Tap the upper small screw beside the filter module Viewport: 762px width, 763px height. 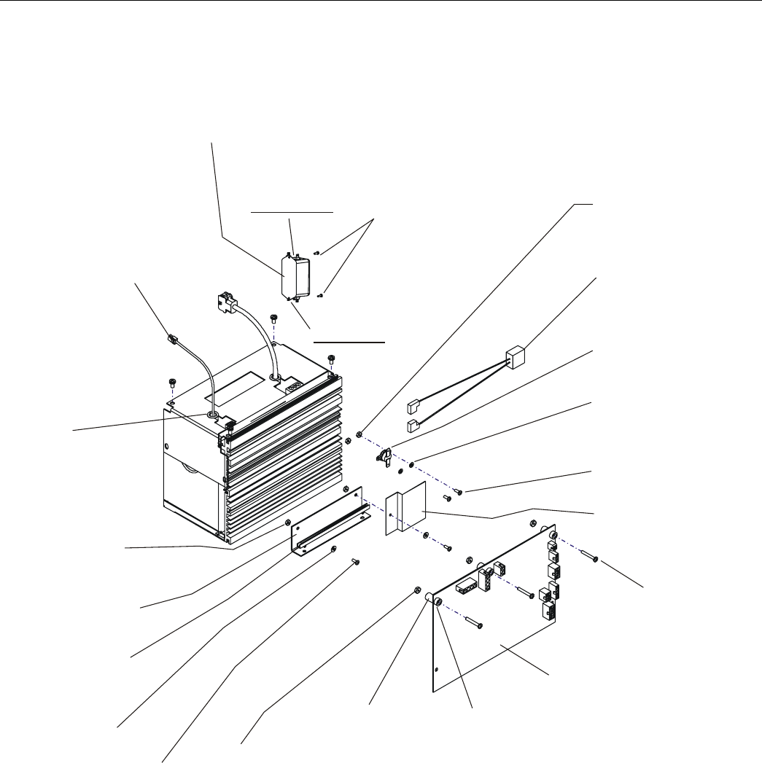pos(319,253)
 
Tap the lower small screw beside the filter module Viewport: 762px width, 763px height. pos(322,294)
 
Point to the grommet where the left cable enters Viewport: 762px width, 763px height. pos(213,414)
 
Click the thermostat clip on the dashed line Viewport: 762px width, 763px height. pos(384,455)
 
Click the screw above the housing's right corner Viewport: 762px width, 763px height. pos(332,358)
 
